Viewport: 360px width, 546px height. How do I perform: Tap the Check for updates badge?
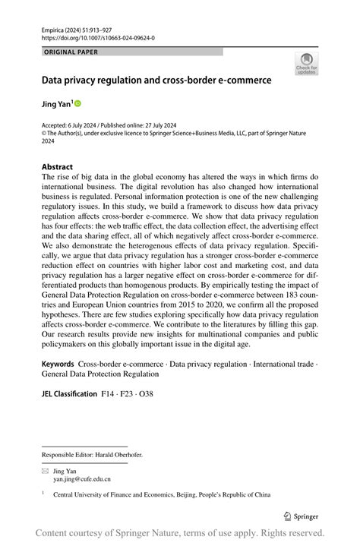(307, 64)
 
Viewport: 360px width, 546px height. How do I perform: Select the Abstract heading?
(58, 166)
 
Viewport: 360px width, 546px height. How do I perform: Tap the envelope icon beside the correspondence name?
(45, 471)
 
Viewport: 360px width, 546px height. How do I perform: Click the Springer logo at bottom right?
(301, 516)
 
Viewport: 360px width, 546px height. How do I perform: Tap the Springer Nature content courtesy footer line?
(180, 532)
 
